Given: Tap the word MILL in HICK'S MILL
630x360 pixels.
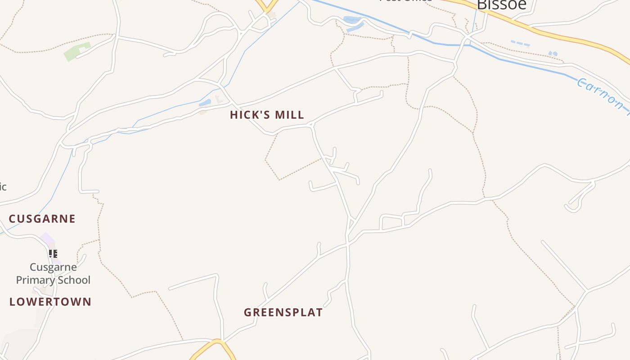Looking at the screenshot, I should coord(289,115).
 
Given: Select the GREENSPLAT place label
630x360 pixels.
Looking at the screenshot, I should coord(283,312).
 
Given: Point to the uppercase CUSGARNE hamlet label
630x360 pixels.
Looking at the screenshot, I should coord(42,219).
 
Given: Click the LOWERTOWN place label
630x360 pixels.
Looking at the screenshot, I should coord(50,301).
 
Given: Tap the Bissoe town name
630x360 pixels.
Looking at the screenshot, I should coord(501,4).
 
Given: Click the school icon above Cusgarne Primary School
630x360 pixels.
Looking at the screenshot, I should coord(53,254).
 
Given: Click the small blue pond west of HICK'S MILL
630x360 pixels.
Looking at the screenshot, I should coord(205,103).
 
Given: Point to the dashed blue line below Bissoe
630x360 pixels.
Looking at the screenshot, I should coord(520,44).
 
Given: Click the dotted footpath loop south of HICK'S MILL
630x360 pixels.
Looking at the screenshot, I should coord(288,157).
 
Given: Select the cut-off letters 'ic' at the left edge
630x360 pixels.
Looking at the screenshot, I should coord(3,186).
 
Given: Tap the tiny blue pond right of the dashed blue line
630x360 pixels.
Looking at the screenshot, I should coord(553,54).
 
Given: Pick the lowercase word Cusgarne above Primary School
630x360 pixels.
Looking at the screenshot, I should coord(53,267).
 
